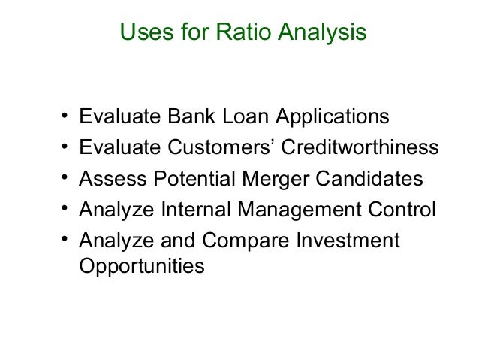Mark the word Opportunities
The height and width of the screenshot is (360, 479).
(141, 266)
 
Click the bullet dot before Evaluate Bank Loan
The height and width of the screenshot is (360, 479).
(66, 117)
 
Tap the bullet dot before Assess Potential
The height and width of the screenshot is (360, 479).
(66, 179)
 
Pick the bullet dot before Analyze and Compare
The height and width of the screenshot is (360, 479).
(66, 241)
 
